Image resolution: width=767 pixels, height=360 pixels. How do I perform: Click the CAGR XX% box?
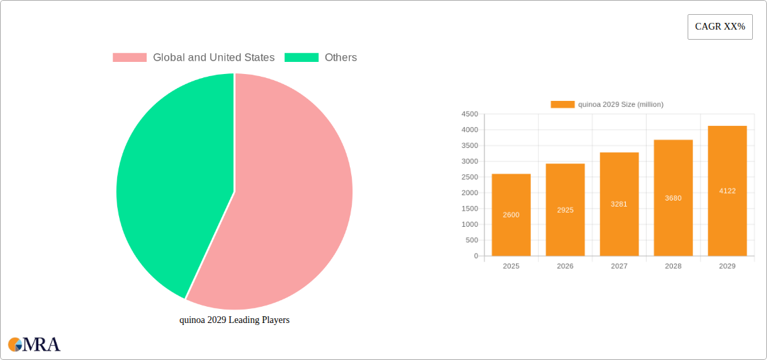click(720, 27)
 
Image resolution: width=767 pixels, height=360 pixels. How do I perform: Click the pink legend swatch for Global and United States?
click(129, 58)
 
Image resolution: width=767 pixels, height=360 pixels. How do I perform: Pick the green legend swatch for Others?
click(301, 58)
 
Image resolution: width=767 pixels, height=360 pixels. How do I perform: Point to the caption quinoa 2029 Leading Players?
click(234, 320)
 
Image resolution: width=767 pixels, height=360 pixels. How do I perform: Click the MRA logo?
click(34, 345)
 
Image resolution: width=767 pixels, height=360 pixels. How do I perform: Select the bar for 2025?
click(511, 222)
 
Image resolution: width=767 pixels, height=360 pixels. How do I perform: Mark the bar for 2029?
click(727, 195)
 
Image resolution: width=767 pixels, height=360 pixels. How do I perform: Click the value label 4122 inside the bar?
click(727, 191)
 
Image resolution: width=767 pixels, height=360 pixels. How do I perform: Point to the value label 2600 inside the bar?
click(511, 215)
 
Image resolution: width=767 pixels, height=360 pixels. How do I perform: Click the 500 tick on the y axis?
click(472, 240)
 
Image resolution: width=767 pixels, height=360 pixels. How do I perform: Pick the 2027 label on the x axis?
click(619, 266)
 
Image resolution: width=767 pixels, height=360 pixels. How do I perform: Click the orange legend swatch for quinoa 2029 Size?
click(562, 104)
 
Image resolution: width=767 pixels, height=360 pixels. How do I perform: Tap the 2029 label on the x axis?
click(727, 266)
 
